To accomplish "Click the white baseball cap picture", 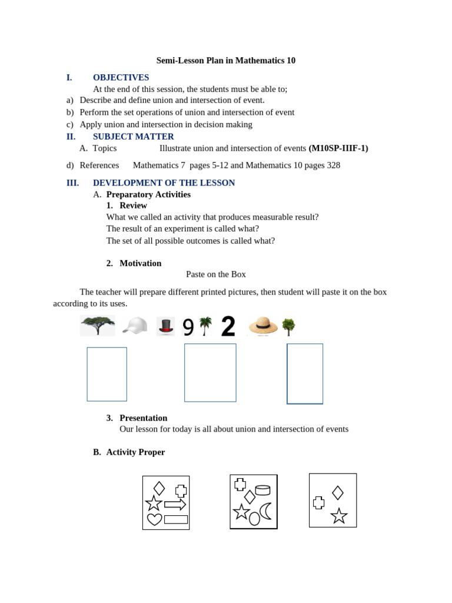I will [x=135, y=326].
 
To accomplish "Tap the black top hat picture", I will [x=165, y=326].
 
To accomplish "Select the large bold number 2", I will [x=228, y=326].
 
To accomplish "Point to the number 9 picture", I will [x=188, y=327].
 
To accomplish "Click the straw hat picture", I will [x=263, y=326].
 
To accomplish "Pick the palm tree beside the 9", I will [x=205, y=326].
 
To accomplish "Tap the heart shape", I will [x=154, y=519].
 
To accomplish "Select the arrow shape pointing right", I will [x=175, y=505].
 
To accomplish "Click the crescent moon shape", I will [x=265, y=511].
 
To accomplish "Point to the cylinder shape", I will [x=262, y=490].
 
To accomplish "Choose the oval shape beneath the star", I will [x=254, y=519].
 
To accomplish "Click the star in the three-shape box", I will [x=339, y=516].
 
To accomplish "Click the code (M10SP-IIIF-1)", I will [x=338, y=148].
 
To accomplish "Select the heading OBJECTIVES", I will [x=121, y=78].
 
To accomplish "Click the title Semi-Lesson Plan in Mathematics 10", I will [x=226, y=61].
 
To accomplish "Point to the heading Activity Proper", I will [x=135, y=452].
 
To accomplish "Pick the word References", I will [x=99, y=165].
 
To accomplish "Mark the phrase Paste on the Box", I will [x=216, y=274].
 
